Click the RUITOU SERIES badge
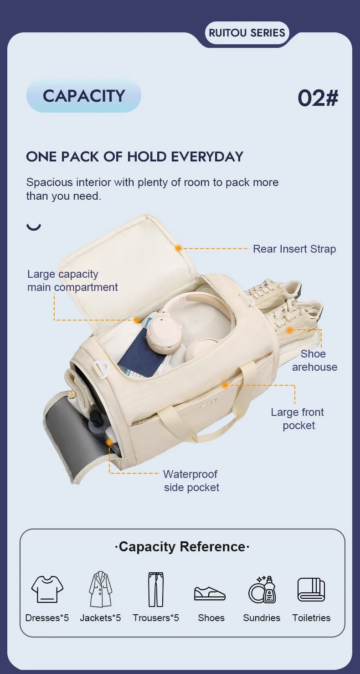click(247, 33)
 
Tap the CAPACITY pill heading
click(84, 96)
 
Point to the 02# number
click(318, 98)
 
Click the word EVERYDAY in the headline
click(207, 157)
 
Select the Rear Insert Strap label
click(294, 249)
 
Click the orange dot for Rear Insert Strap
click(179, 248)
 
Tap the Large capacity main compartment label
click(72, 280)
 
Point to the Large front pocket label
click(298, 419)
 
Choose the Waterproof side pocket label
click(191, 481)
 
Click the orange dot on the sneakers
click(289, 330)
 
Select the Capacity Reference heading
click(182, 547)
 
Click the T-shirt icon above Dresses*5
click(47, 589)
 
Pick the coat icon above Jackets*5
click(100, 589)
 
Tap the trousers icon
click(156, 590)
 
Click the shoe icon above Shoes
click(210, 593)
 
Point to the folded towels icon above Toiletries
click(311, 590)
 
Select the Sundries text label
click(262, 618)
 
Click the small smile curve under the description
click(34, 227)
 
